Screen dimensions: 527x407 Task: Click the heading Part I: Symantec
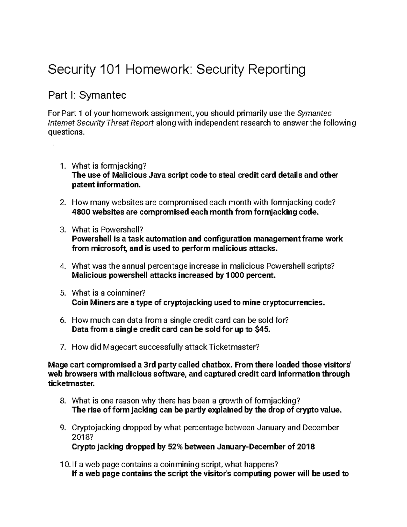coord(87,95)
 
